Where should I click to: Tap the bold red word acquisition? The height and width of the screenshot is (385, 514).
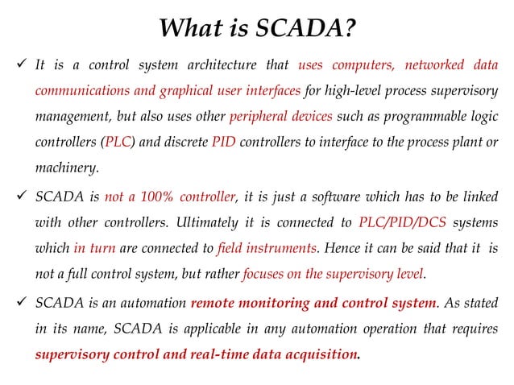(x=317, y=354)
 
